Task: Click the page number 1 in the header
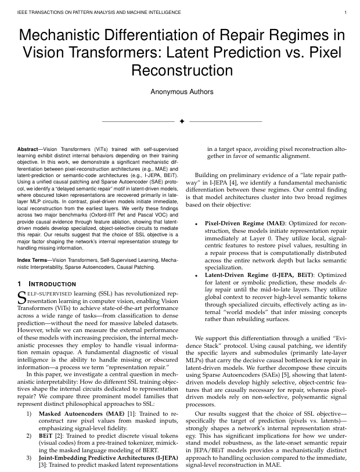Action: coord(345,12)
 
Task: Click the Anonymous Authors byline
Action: coord(180,92)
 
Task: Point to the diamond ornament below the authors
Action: coord(181,122)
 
